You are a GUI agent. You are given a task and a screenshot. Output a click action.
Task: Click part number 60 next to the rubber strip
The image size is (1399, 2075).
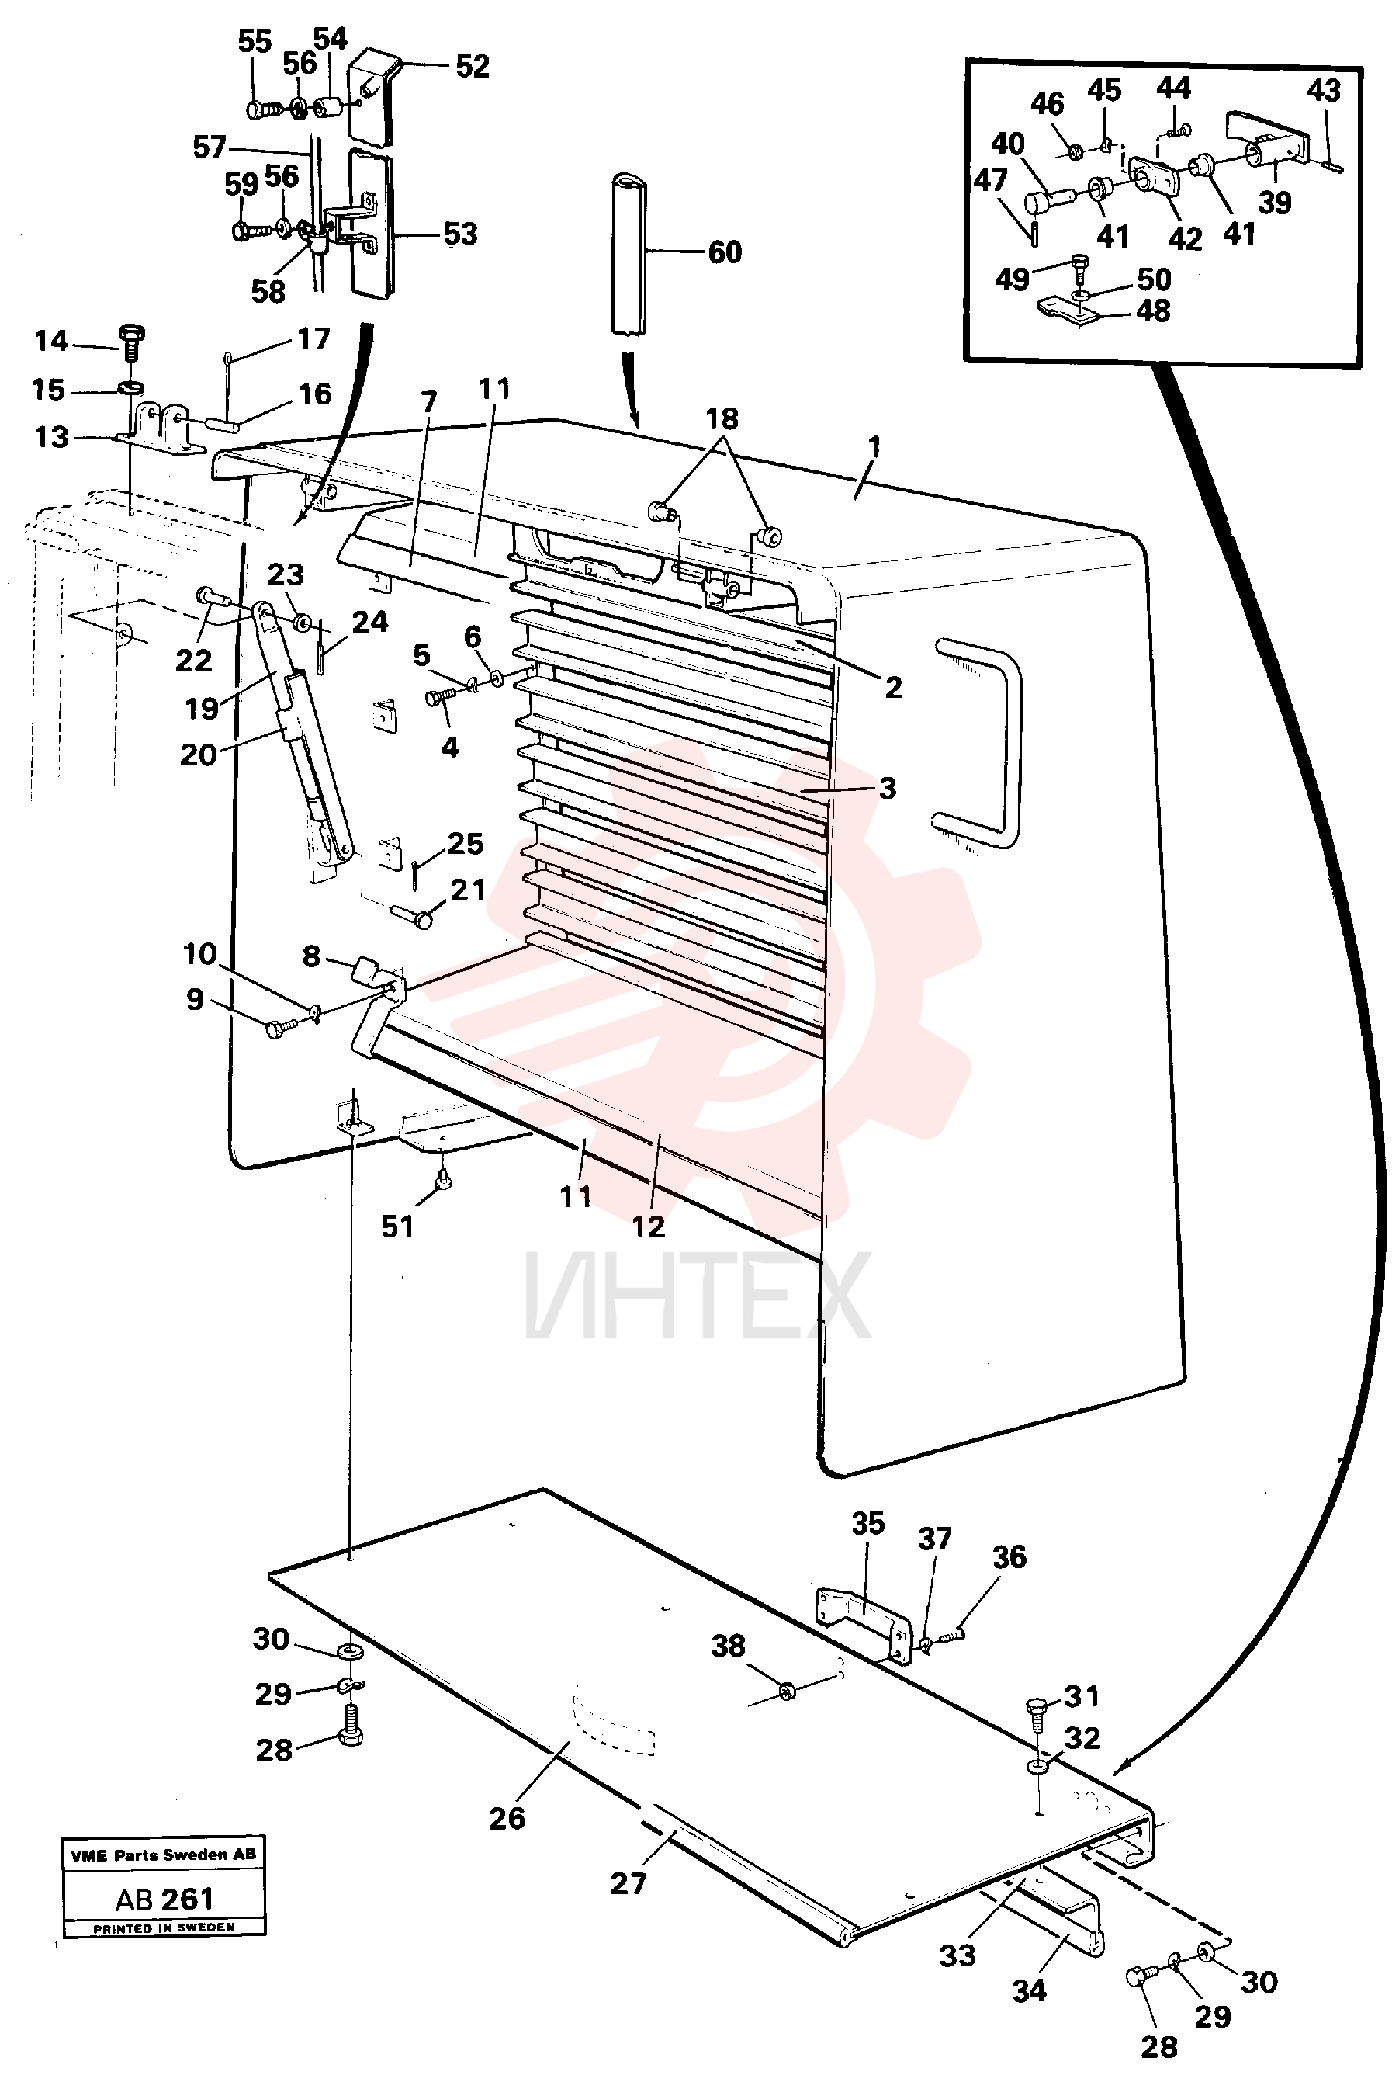725,252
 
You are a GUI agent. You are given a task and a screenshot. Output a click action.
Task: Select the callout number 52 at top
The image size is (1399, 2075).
473,67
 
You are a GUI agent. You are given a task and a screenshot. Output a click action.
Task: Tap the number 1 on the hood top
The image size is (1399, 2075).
874,446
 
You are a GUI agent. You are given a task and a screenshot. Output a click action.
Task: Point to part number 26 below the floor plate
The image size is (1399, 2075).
507,1818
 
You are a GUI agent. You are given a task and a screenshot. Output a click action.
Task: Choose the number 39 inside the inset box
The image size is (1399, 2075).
1275,203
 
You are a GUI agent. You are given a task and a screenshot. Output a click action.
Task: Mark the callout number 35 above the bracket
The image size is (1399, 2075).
868,1523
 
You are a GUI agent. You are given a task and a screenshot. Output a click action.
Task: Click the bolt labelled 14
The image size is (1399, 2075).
131,341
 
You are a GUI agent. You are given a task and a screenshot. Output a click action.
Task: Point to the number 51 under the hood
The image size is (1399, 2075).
398,1227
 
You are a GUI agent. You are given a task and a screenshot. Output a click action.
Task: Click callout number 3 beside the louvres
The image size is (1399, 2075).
887,788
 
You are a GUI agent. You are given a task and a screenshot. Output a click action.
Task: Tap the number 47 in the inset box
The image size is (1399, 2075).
990,181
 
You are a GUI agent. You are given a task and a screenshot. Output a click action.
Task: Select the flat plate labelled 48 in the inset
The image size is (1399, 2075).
1067,310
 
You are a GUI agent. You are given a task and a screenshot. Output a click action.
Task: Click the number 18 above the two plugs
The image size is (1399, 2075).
722,418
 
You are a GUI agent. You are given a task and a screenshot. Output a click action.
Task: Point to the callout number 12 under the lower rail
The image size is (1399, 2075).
649,1227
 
